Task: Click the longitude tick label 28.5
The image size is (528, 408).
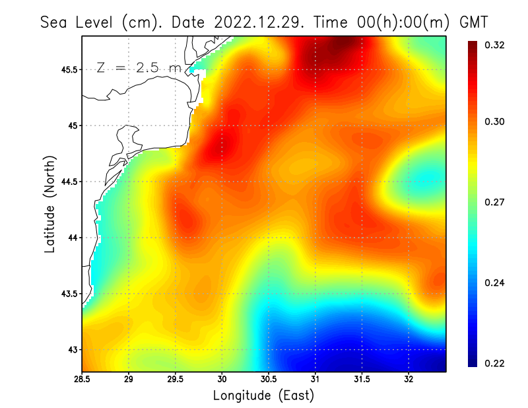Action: (x=82, y=380)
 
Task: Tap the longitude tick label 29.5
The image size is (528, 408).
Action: (x=176, y=380)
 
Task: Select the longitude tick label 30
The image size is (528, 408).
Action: (x=222, y=380)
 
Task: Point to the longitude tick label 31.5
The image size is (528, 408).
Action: (x=362, y=380)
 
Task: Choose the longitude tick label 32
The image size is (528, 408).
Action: (x=409, y=380)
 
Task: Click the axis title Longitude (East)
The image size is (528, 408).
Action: (x=263, y=396)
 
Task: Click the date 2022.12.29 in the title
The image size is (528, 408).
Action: (x=256, y=22)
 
